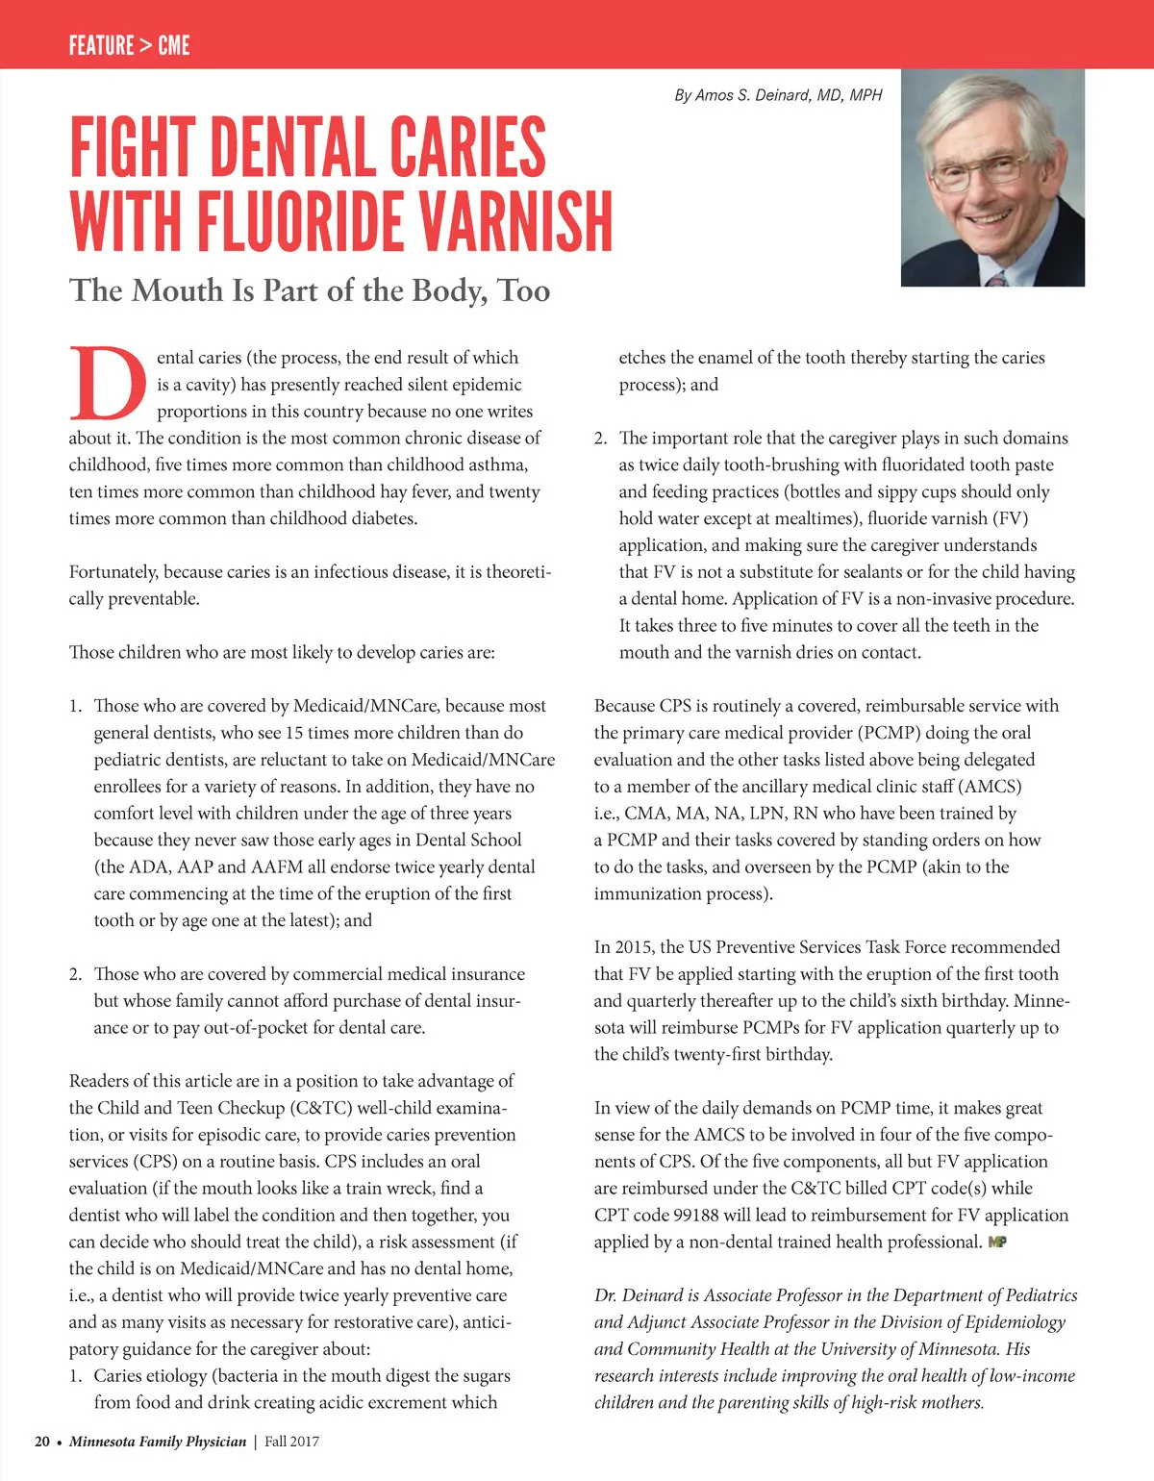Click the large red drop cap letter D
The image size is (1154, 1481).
(x=108, y=384)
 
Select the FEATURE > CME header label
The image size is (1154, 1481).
(x=129, y=45)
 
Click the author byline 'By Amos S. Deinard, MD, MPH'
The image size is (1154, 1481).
(x=778, y=95)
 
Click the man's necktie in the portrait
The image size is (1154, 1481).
(x=997, y=279)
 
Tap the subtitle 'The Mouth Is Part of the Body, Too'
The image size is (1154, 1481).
(x=310, y=290)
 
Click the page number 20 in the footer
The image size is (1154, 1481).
(x=42, y=1442)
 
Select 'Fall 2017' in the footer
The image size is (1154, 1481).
(x=292, y=1442)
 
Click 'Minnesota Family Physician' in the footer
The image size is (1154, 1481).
(x=158, y=1442)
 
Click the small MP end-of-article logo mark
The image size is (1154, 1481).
(x=997, y=1242)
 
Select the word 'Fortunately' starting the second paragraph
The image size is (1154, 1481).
(x=113, y=572)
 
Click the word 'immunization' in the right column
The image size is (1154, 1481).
(x=646, y=893)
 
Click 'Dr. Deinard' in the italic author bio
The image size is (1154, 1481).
(x=639, y=1295)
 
